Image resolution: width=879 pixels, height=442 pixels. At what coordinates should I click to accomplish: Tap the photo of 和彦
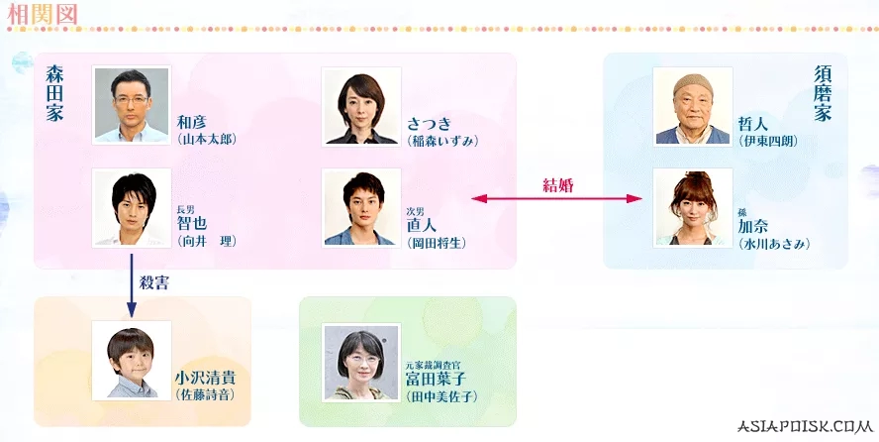tap(131, 106)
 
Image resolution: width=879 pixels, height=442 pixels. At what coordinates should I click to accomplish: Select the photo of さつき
tap(361, 106)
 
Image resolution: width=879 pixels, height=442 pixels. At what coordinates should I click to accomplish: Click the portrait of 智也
tap(131, 207)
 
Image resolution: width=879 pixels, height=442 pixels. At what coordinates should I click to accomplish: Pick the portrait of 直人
tap(361, 207)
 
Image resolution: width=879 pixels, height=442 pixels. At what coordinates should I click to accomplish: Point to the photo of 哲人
tap(693, 106)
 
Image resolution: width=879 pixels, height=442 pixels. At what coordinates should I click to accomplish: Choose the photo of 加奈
tap(693, 207)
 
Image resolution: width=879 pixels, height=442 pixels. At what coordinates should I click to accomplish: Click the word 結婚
tap(559, 184)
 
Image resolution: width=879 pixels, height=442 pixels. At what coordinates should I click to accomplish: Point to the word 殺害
tap(155, 282)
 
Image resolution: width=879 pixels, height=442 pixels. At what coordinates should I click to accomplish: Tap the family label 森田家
tap(53, 93)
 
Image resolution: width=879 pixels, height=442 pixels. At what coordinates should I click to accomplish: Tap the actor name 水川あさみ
tap(773, 243)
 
